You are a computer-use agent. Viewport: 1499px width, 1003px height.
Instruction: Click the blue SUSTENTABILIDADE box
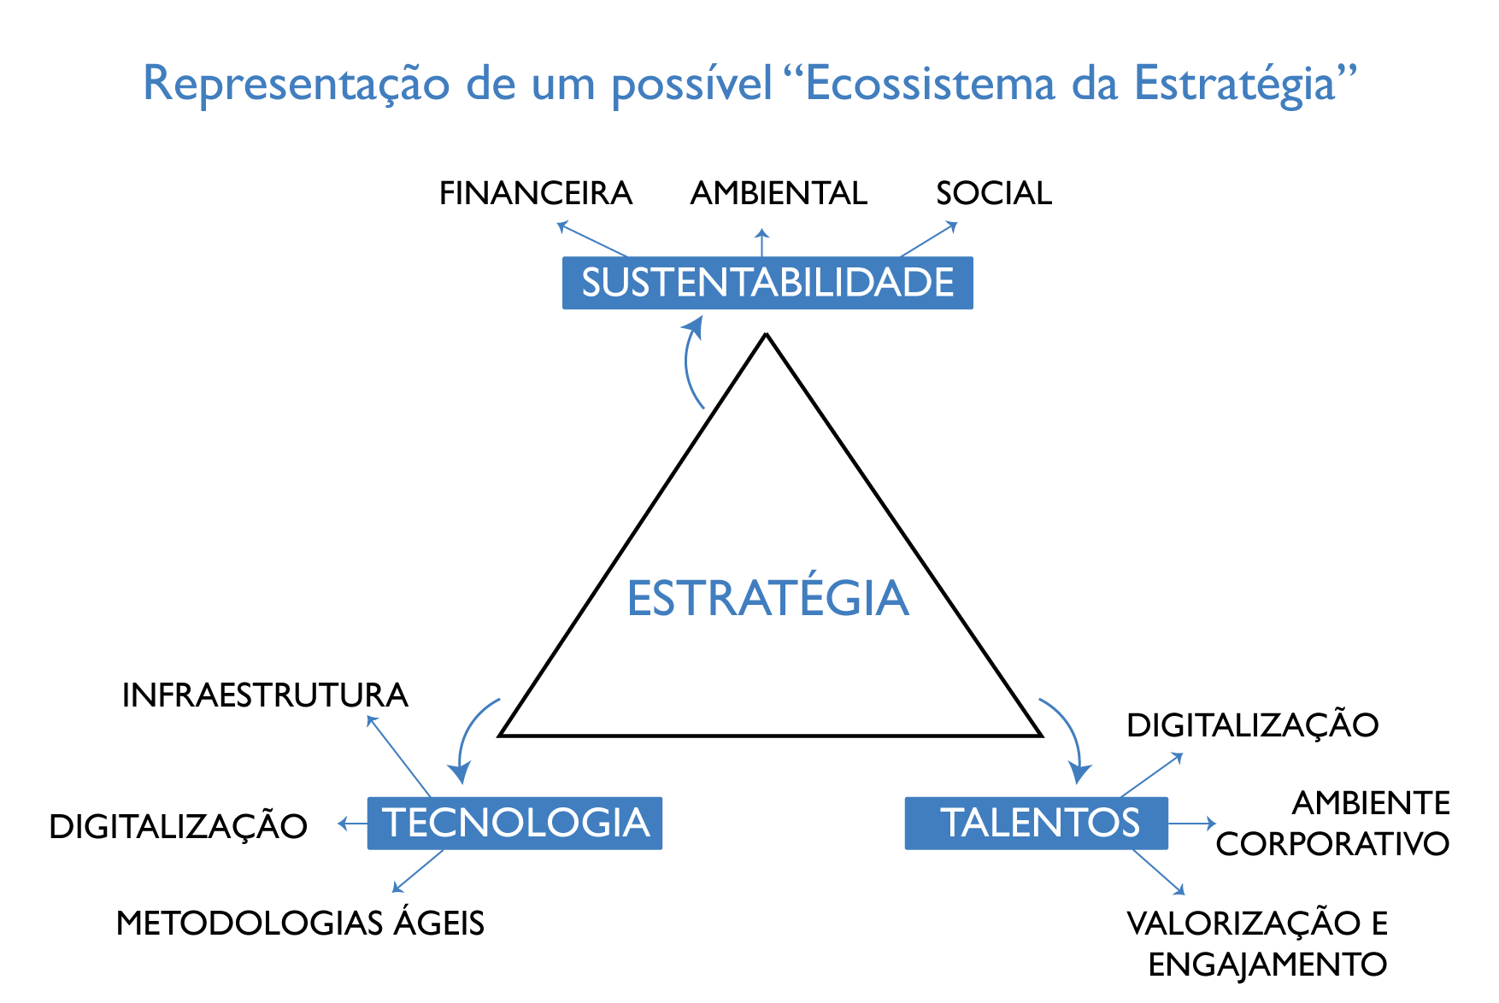click(767, 283)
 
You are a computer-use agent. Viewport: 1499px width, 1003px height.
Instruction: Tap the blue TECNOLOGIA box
click(514, 823)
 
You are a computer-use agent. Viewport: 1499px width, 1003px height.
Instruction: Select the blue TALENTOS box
click(1036, 823)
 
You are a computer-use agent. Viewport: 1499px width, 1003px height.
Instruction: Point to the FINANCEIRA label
click(536, 193)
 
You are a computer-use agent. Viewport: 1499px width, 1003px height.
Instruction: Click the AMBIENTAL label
click(779, 193)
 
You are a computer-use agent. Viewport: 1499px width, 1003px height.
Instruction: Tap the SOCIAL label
click(994, 193)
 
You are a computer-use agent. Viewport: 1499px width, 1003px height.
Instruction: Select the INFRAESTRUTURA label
click(265, 695)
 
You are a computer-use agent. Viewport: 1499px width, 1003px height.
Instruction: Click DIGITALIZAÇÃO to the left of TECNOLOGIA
click(178, 825)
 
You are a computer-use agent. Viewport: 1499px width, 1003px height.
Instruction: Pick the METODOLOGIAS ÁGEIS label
click(300, 922)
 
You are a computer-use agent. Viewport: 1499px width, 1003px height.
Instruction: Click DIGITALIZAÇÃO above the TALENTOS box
click(1252, 724)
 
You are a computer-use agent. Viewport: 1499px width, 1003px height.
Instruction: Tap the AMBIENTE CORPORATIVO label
click(1333, 824)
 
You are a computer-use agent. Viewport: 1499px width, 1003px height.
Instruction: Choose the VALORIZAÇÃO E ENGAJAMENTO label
click(1257, 944)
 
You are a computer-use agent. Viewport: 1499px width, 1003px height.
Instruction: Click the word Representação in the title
click(296, 85)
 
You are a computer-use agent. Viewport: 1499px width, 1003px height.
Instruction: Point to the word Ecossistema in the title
click(931, 84)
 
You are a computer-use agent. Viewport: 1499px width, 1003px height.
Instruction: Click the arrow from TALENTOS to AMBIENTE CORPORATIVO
click(1191, 824)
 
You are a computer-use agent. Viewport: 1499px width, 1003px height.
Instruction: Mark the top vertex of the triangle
click(767, 334)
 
